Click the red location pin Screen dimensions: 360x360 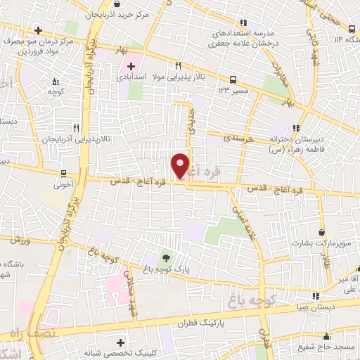[181, 165]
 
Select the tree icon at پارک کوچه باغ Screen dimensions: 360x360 [166, 257]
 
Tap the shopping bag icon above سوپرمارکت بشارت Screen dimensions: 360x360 [322, 233]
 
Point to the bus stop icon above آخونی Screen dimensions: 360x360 [63, 174]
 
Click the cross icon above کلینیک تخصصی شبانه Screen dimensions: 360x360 [121, 342]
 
